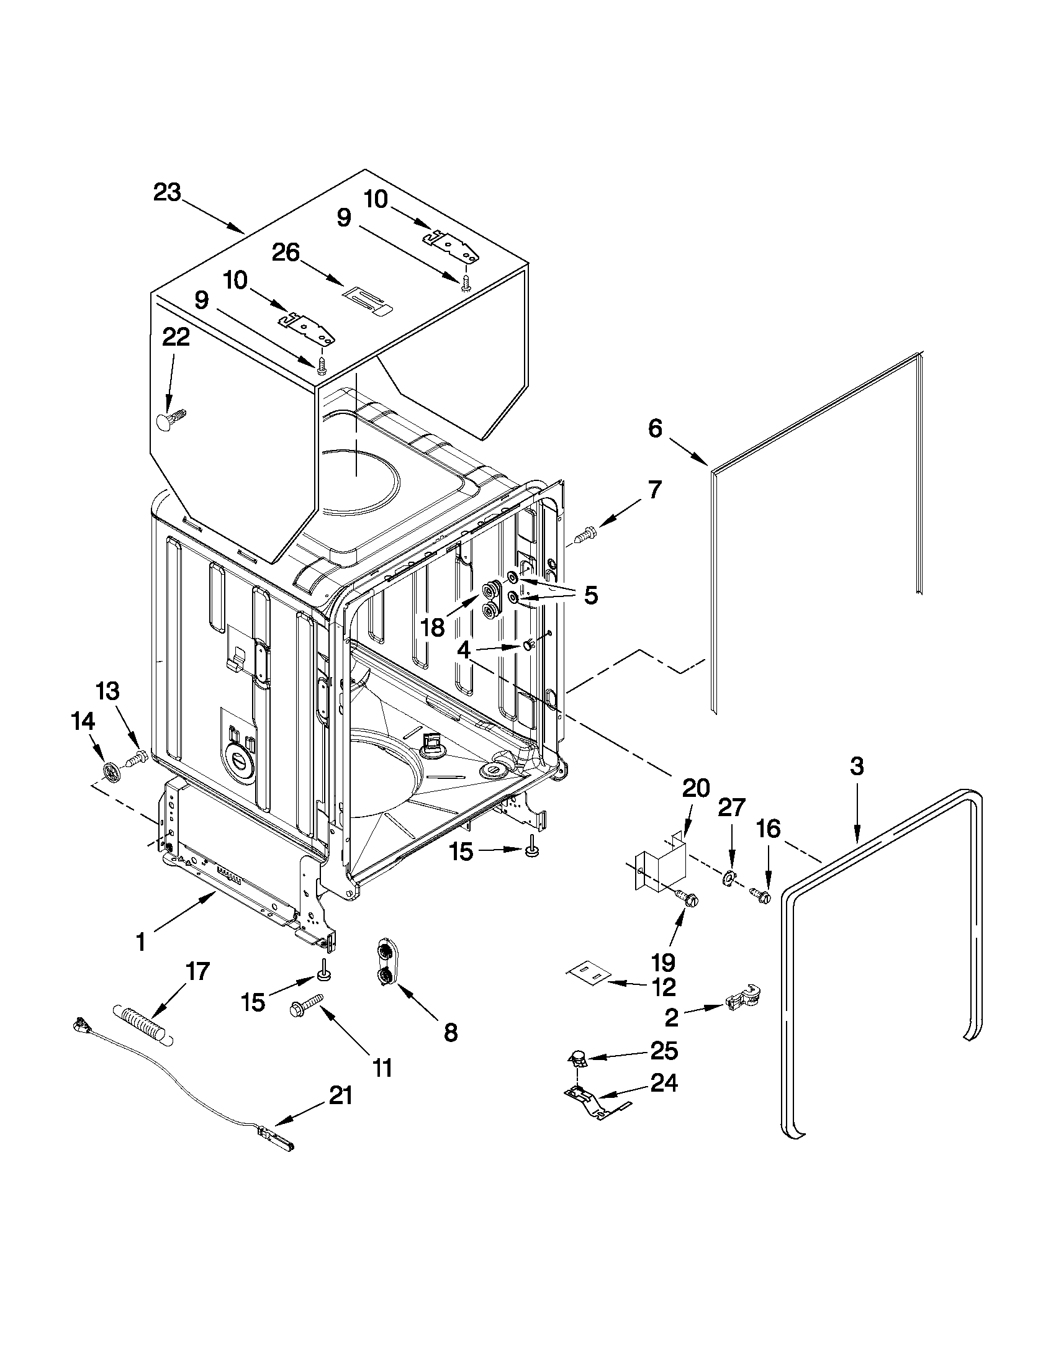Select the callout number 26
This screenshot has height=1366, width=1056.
(286, 253)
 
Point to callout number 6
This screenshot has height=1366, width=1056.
(654, 429)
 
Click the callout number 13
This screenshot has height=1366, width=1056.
(107, 692)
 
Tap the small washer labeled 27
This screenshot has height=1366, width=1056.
(728, 879)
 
